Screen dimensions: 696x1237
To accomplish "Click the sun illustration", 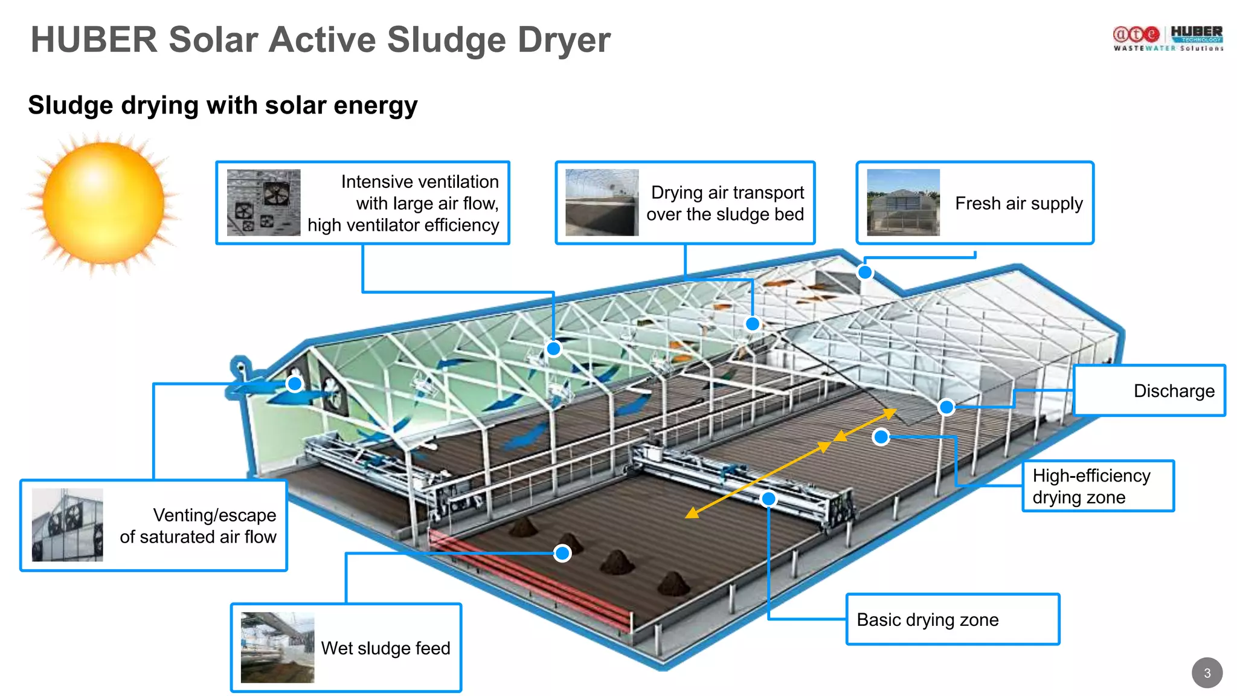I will click(x=103, y=203).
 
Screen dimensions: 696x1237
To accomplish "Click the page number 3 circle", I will click(x=1207, y=672).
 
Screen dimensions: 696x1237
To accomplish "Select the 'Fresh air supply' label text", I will click(x=1019, y=204).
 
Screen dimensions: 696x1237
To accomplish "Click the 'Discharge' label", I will click(x=1174, y=391).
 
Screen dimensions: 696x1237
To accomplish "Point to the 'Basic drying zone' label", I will click(x=928, y=620).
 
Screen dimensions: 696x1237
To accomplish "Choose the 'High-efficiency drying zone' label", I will click(x=1091, y=486).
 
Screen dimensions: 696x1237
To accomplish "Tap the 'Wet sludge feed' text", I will click(x=385, y=648).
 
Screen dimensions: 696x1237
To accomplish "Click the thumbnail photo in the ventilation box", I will click(x=263, y=202).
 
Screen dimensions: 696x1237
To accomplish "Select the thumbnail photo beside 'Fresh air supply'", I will click(x=903, y=202).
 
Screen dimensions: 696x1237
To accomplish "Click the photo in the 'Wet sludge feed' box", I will click(x=277, y=648).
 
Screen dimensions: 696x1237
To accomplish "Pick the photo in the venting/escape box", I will click(x=67, y=525).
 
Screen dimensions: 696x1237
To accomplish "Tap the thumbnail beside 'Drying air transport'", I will click(x=602, y=202).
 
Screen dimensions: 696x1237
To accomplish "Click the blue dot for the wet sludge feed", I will click(x=562, y=553).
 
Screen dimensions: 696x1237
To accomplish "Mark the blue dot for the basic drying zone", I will click(x=768, y=499).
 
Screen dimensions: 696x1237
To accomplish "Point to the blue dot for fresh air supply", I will click(x=865, y=272).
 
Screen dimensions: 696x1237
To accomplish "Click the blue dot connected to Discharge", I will click(x=946, y=407).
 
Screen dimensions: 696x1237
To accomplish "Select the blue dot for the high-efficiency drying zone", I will click(x=881, y=436).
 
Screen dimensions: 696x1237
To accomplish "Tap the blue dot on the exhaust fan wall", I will click(x=295, y=384).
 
